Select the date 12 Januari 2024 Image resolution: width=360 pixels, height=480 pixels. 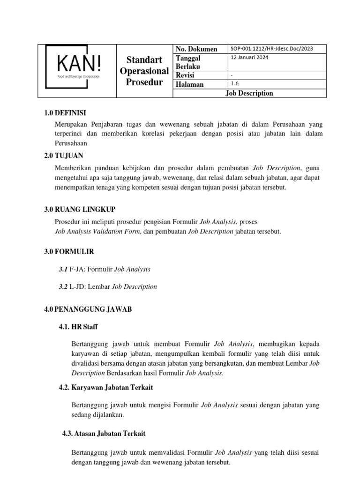tap(249, 58)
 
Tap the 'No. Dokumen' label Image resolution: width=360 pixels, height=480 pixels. tap(196, 49)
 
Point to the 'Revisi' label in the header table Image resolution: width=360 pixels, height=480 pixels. tap(185, 75)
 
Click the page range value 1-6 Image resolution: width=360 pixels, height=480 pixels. tap(235, 84)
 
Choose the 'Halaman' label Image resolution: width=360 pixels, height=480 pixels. tap(189, 84)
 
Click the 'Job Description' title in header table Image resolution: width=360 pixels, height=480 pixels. tap(249, 93)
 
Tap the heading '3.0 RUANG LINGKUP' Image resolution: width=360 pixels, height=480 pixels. tap(80, 209)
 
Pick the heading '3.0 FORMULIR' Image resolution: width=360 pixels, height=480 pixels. tap(69, 252)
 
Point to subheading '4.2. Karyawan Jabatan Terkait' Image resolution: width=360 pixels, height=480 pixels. tap(105, 388)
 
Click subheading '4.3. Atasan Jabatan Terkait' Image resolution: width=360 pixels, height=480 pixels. tap(104, 434)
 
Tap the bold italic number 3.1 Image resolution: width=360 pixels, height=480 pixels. tap(63, 270)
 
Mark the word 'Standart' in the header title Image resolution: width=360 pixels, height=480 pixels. tap(144, 60)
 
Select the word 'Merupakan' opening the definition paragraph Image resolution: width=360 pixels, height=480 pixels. tap(70, 125)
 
